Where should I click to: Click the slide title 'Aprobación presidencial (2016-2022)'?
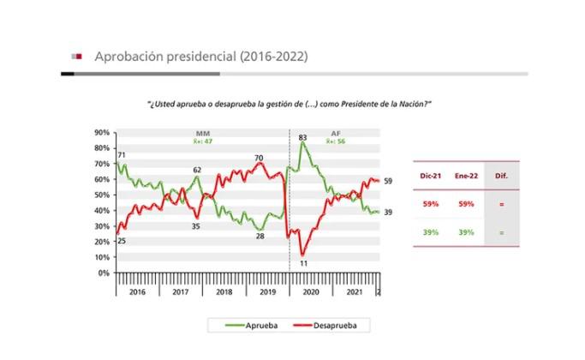[200, 57]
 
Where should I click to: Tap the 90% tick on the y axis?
[101, 133]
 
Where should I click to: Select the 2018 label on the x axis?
[224, 291]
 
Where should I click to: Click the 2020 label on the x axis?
[311, 291]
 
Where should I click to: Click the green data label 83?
[302, 137]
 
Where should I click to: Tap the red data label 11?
[303, 263]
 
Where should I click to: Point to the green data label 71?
[120, 154]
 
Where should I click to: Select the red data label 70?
[258, 158]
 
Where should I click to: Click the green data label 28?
[260, 236]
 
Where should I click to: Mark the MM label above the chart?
[203, 134]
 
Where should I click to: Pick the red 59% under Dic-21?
[431, 204]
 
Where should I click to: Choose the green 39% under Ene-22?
[467, 232]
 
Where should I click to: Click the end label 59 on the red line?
[388, 181]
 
